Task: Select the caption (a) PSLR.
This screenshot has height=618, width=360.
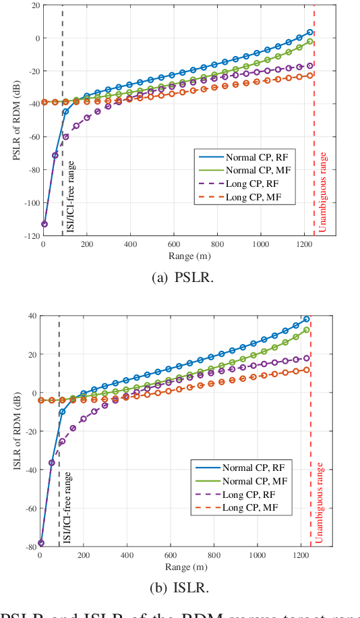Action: (179, 277)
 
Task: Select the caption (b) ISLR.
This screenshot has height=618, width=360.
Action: (179, 587)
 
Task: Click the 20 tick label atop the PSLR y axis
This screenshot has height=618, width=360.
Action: (32, 5)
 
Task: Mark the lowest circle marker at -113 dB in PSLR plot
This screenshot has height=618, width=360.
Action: (44, 224)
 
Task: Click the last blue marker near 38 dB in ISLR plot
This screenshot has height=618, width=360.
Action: (306, 319)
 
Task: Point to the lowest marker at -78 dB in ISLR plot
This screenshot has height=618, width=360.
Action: (41, 542)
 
